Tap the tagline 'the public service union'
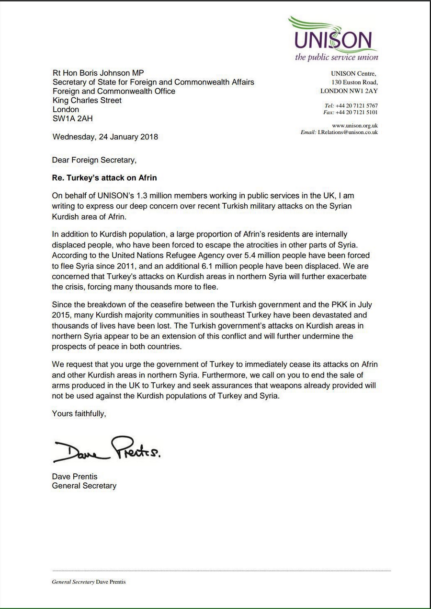click(336, 57)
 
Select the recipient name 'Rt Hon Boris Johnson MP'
click(98, 73)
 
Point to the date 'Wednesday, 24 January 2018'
click(105, 137)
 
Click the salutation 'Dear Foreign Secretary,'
click(94, 160)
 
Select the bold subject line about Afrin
click(104, 178)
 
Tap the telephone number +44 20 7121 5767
click(357, 105)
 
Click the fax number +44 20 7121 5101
click(357, 113)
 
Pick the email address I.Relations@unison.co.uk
click(347, 132)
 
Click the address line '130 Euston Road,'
click(355, 82)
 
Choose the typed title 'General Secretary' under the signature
click(84, 486)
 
